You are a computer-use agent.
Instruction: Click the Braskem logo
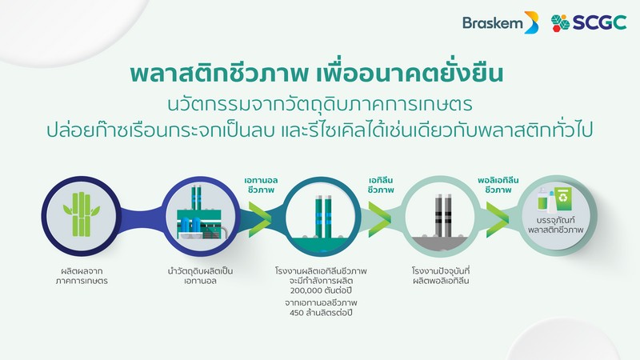501,22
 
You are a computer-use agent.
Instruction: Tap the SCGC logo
589,23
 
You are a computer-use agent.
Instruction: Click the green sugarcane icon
82,214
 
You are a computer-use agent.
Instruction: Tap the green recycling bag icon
563,198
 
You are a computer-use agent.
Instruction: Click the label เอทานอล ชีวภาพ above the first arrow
262,185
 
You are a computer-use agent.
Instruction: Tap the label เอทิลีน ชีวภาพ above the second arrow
381,185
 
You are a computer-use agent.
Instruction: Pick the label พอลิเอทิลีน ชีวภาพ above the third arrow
498,185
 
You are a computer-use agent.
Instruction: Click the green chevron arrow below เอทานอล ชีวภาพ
260,220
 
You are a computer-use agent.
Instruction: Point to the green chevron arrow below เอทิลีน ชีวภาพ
379,220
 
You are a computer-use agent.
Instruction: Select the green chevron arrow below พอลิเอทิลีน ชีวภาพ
498,220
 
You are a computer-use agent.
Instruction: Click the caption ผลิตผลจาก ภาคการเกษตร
82,276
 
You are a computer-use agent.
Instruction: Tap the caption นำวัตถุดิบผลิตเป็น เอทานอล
200,276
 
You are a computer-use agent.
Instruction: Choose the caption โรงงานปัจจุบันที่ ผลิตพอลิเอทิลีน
441,276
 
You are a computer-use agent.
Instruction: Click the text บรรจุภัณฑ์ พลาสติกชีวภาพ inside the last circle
555,226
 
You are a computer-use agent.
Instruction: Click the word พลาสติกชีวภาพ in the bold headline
218,74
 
